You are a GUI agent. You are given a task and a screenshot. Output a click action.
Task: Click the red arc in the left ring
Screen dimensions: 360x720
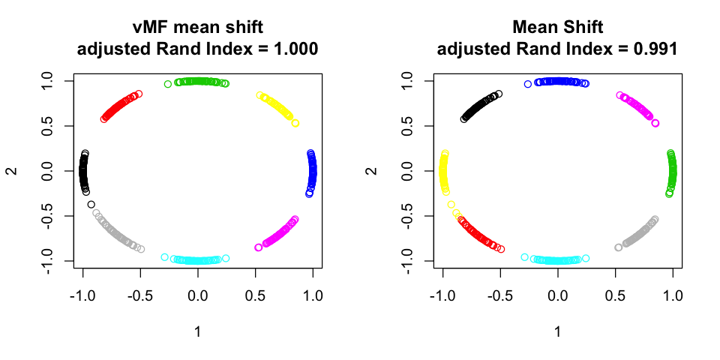click(120, 106)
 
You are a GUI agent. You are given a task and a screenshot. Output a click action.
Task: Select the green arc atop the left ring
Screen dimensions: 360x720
click(201, 81)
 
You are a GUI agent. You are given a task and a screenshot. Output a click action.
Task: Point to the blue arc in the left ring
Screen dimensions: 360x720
click(312, 171)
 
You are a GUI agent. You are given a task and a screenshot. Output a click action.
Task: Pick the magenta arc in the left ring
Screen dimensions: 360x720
click(280, 232)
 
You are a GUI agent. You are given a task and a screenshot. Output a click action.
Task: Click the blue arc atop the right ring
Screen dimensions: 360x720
click(561, 81)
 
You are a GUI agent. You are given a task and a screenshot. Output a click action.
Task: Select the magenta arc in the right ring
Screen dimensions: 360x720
click(638, 107)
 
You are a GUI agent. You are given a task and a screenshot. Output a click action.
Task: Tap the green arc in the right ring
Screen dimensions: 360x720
click(672, 171)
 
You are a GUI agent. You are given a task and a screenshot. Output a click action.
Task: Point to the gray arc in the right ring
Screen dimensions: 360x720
click(640, 232)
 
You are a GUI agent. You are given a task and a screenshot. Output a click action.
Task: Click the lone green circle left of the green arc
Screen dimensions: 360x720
click(168, 84)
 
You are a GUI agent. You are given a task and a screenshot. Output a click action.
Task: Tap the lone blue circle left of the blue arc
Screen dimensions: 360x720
click(528, 84)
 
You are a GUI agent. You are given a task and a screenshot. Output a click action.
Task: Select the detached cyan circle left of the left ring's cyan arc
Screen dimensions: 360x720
click(165, 257)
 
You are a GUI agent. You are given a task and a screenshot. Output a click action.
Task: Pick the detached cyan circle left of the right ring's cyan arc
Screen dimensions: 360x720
click(525, 257)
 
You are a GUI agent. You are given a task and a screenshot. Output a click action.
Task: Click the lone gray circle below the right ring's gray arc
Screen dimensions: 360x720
click(619, 247)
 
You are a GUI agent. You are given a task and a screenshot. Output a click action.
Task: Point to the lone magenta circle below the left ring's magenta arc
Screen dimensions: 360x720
click(259, 247)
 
